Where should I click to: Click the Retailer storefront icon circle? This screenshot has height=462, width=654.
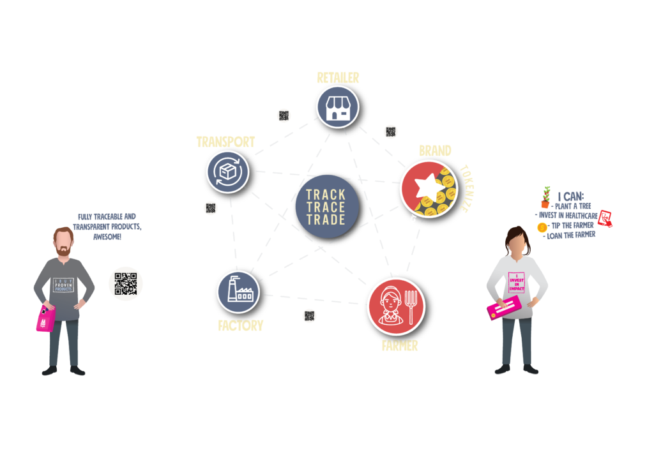coord(338,107)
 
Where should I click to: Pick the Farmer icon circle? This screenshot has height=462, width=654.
coord(396,306)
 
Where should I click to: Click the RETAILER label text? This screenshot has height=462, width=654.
coord(338,78)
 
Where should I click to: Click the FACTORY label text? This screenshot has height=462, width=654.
coord(240,325)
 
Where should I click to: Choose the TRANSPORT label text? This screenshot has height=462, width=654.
coord(225,142)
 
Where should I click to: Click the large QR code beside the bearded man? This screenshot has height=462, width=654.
coord(126,284)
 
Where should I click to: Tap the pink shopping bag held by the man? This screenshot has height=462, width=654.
coord(45,318)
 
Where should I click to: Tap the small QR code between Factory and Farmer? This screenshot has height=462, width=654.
coord(310,315)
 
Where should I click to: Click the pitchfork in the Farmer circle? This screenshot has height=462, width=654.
coord(412,307)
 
